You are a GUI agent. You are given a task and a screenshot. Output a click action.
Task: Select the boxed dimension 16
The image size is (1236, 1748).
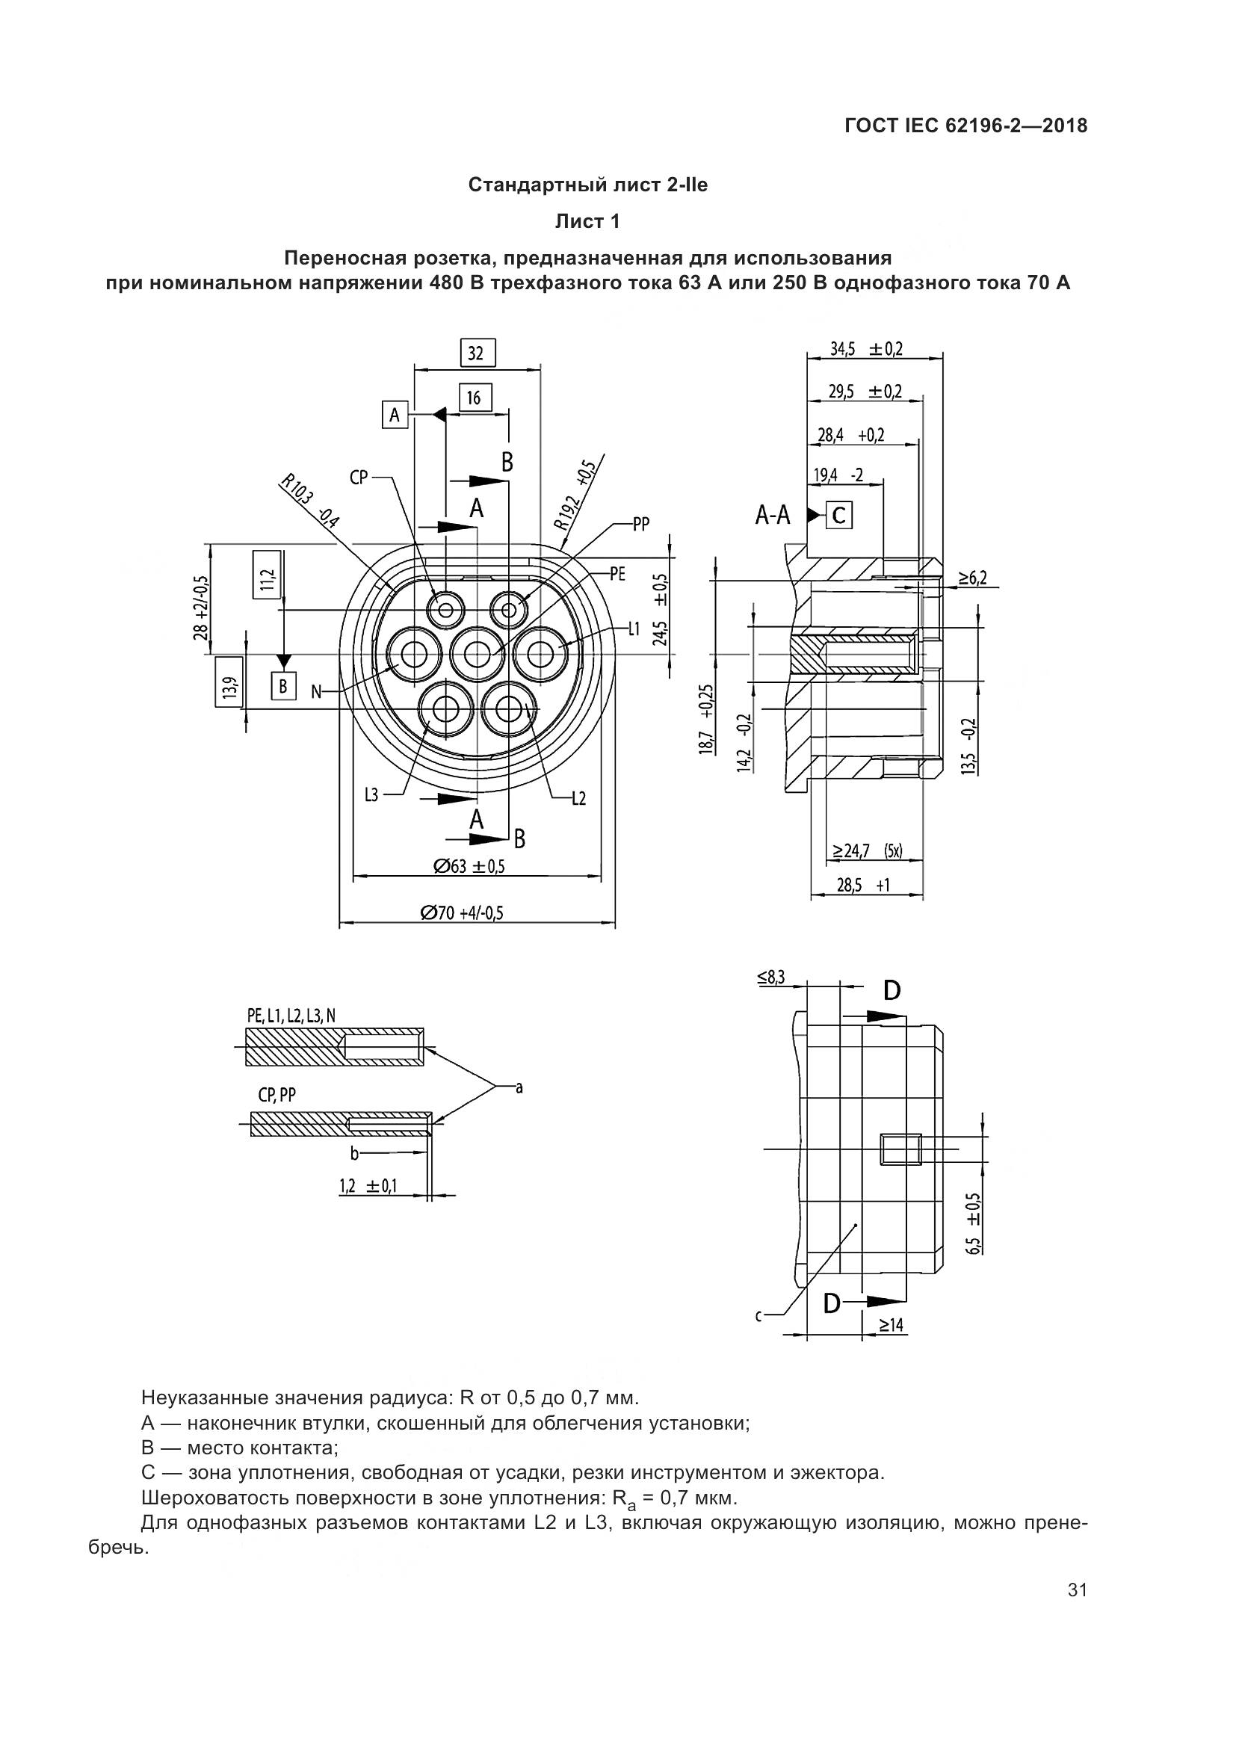pos(475,398)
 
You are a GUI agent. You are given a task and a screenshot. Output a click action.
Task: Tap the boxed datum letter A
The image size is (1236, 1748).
pos(395,415)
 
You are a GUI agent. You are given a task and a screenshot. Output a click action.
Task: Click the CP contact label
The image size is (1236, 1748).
pos(359,478)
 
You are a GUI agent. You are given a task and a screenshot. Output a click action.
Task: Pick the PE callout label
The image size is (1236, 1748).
pos(617,574)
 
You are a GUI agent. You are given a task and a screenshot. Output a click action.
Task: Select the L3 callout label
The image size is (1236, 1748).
pos(371,795)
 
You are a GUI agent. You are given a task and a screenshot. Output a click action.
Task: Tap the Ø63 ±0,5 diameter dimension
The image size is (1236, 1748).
pos(469,865)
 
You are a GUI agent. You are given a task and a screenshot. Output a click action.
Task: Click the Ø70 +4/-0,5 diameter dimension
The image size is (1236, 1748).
pos(462,912)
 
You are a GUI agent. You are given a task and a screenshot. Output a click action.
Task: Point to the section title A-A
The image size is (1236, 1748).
pos(773,517)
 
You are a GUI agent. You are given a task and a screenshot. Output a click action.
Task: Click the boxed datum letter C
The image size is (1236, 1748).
pos(838,516)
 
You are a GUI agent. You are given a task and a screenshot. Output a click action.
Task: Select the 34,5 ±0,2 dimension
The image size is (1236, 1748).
pos(866,350)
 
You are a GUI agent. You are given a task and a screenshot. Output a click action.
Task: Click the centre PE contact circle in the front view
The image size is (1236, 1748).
pos(478,653)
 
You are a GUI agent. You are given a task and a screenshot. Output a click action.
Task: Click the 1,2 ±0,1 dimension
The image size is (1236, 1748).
pos(368,1185)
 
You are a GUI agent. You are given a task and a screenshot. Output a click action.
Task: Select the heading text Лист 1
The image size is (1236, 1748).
pos(587,221)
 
